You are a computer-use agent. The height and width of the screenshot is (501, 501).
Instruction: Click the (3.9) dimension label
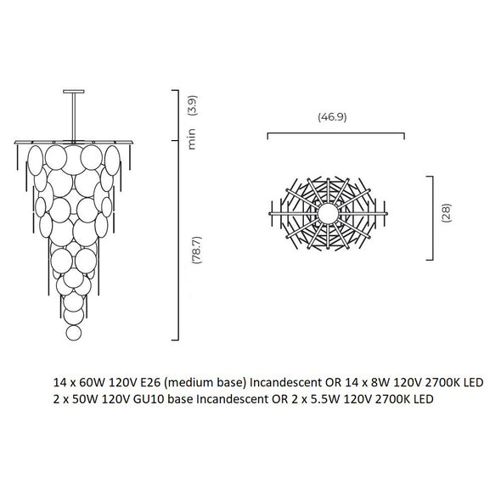[x=193, y=105]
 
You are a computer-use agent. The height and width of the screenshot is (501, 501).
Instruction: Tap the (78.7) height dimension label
[x=196, y=250]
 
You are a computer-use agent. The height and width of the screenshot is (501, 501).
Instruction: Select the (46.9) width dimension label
[x=332, y=117]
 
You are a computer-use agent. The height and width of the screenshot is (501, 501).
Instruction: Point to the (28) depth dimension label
[x=446, y=213]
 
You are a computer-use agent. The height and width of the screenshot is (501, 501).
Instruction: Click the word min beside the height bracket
[x=192, y=139]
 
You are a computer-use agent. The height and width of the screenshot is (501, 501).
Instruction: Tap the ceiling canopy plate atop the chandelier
[x=74, y=92]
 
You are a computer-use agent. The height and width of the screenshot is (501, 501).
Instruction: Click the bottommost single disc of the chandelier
[x=74, y=333]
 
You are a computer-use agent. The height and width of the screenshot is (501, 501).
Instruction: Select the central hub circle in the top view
[x=328, y=213]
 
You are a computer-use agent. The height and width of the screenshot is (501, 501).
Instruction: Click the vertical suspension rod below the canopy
[x=74, y=116]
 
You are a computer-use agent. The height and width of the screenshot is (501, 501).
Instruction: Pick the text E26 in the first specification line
[x=149, y=382]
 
